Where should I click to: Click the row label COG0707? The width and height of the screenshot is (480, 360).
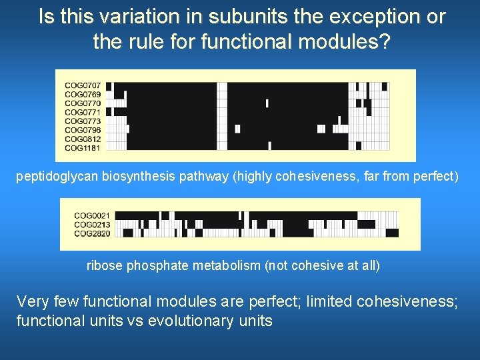(x=83, y=86)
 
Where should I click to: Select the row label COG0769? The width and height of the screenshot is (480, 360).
(x=83, y=95)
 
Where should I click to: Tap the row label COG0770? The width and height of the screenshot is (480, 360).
(x=83, y=103)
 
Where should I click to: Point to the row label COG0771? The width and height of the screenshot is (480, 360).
(x=83, y=112)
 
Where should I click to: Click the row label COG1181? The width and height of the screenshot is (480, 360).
(x=83, y=147)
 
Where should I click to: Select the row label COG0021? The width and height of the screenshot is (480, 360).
(x=92, y=215)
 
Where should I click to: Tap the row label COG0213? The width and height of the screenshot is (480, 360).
(x=92, y=225)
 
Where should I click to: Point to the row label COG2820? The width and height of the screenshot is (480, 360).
(x=92, y=233)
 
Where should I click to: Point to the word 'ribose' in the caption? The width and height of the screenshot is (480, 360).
(x=104, y=266)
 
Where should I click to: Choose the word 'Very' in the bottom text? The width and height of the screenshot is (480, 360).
(x=33, y=301)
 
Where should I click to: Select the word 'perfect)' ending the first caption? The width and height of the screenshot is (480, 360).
(x=439, y=177)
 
